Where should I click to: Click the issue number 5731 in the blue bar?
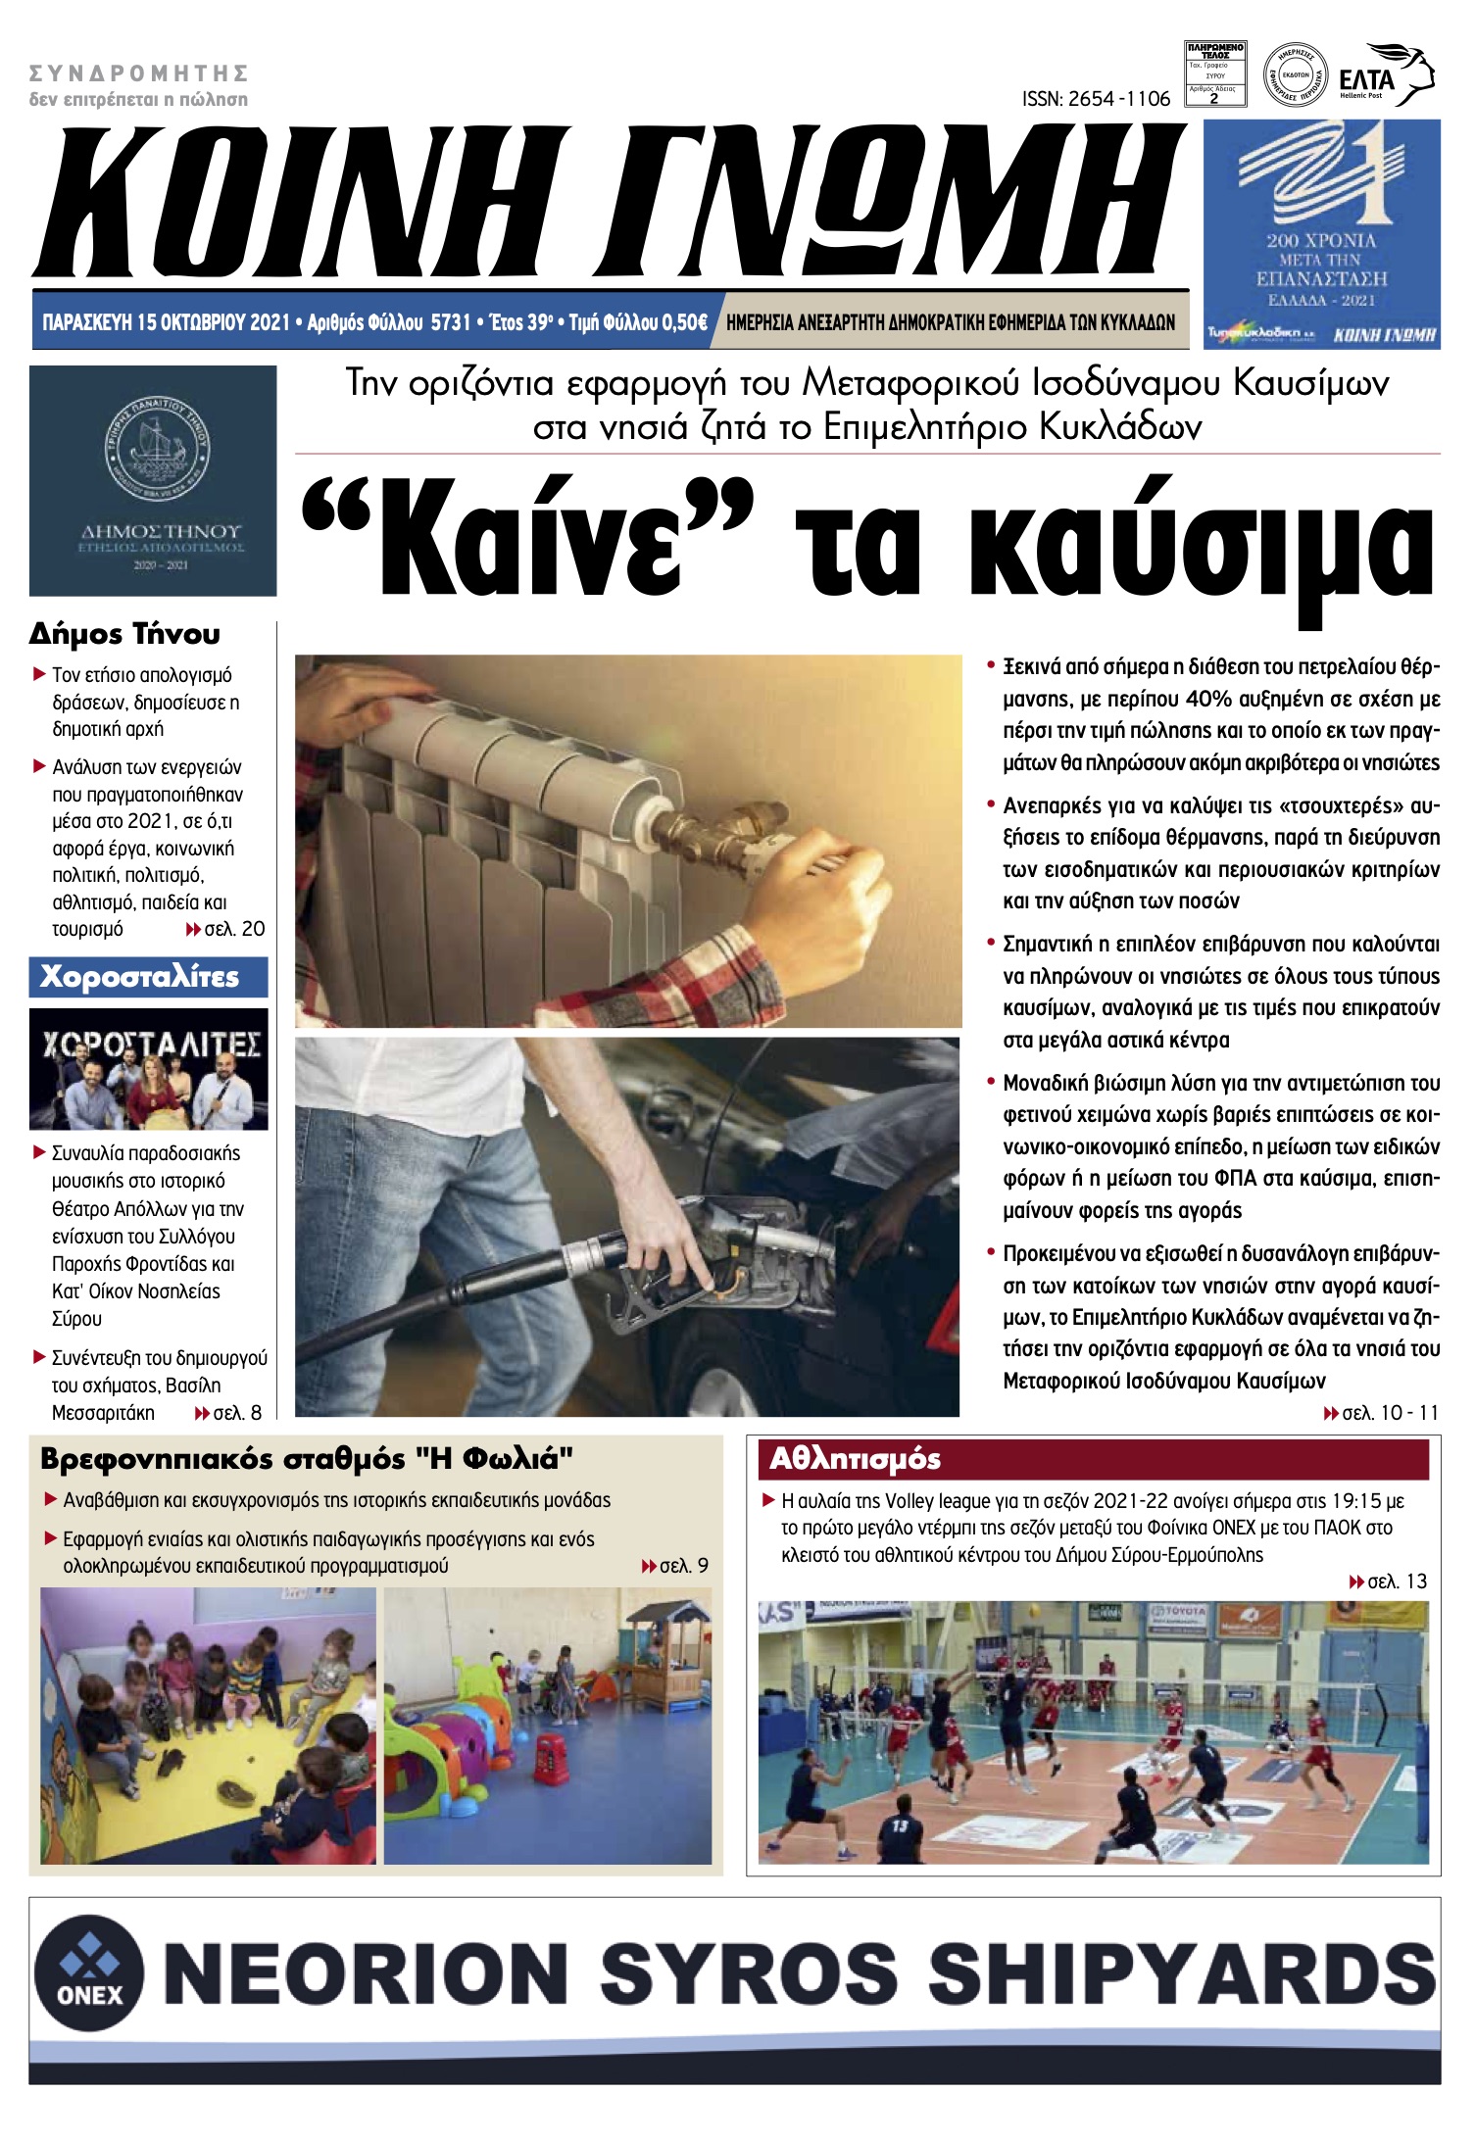point(451,322)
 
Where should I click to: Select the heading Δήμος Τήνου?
point(124,634)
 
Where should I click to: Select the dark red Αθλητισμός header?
point(1093,1459)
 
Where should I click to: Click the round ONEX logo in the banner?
point(89,1971)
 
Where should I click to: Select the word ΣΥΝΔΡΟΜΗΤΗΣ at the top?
point(138,73)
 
